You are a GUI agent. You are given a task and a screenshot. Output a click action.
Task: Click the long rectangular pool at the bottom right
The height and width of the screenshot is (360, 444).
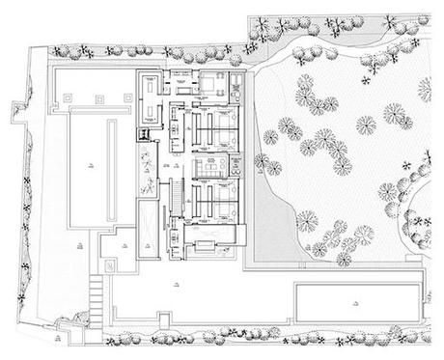[357, 302]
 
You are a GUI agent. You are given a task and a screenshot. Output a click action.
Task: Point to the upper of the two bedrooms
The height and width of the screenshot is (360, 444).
[212, 124]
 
